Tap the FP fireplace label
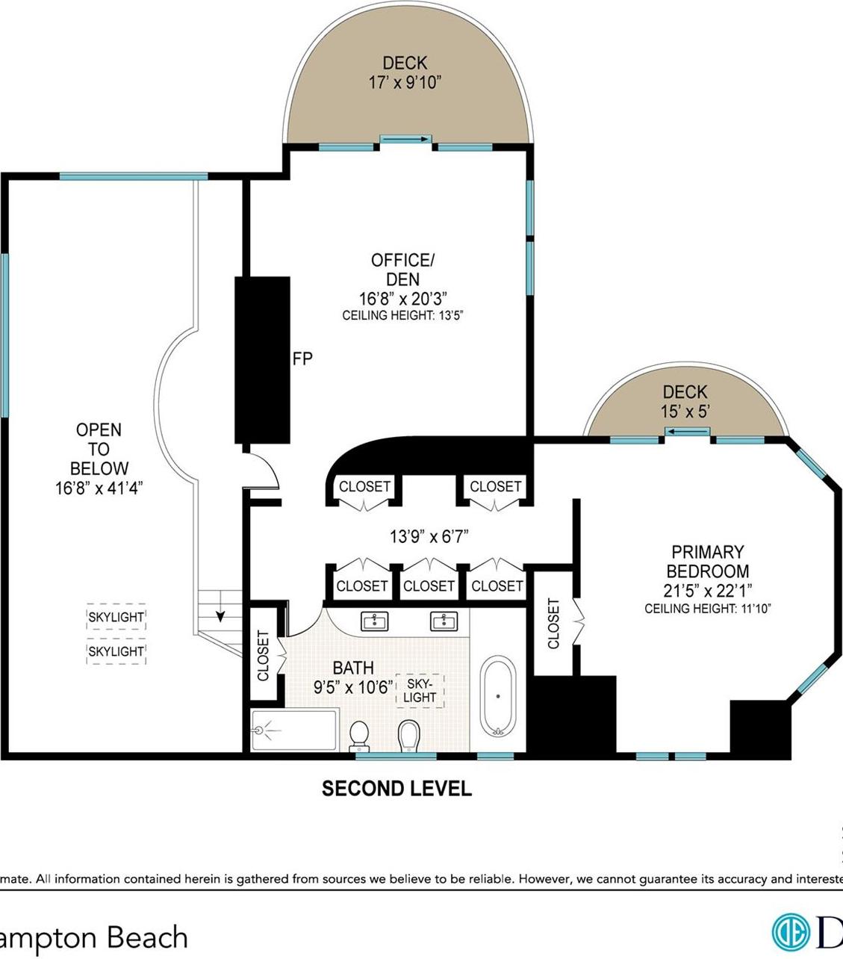[302, 359]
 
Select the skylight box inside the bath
[420, 690]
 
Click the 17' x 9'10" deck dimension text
[405, 82]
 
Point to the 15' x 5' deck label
[684, 411]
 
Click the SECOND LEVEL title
[396, 788]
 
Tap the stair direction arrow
[221, 615]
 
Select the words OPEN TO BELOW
[99, 449]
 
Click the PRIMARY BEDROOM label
[707, 562]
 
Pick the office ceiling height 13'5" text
[403, 315]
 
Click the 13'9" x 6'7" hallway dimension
[429, 536]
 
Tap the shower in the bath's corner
[294, 730]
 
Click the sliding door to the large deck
[405, 139]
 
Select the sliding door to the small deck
[688, 432]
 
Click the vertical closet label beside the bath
[263, 656]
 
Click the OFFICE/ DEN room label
[402, 270]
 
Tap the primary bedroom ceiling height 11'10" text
[707, 609]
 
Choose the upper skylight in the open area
[116, 617]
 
